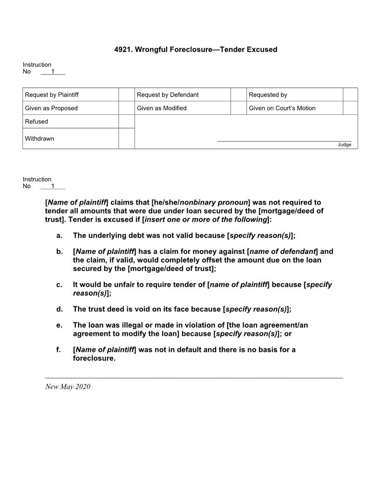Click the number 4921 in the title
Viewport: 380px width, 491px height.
click(122, 49)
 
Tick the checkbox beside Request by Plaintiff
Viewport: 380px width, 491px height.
click(126, 94)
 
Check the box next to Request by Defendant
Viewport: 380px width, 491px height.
click(238, 94)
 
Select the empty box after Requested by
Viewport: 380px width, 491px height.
click(350, 94)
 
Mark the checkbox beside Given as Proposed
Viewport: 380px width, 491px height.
click(126, 108)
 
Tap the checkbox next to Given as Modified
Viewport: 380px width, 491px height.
click(238, 108)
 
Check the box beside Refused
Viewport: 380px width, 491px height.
click(126, 121)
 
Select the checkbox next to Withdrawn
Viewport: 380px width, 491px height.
click(126, 139)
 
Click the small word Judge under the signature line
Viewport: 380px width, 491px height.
click(344, 145)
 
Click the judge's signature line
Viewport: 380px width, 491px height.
click(284, 140)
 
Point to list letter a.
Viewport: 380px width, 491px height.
click(59, 236)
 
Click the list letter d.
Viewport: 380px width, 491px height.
click(59, 309)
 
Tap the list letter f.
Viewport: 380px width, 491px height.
click(59, 350)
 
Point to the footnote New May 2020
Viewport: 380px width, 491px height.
click(68, 387)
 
